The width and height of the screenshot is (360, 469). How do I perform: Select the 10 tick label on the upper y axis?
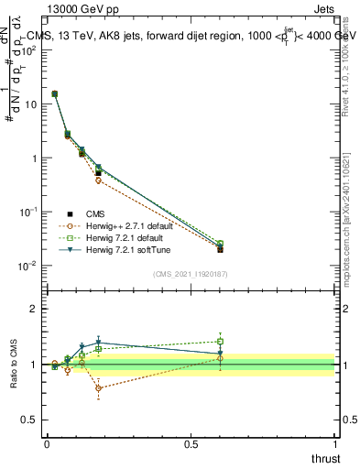pos(30,104)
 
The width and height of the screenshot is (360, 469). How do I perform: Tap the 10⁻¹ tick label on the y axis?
pos(28,212)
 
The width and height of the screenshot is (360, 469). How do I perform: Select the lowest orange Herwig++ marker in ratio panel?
pos(98,388)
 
